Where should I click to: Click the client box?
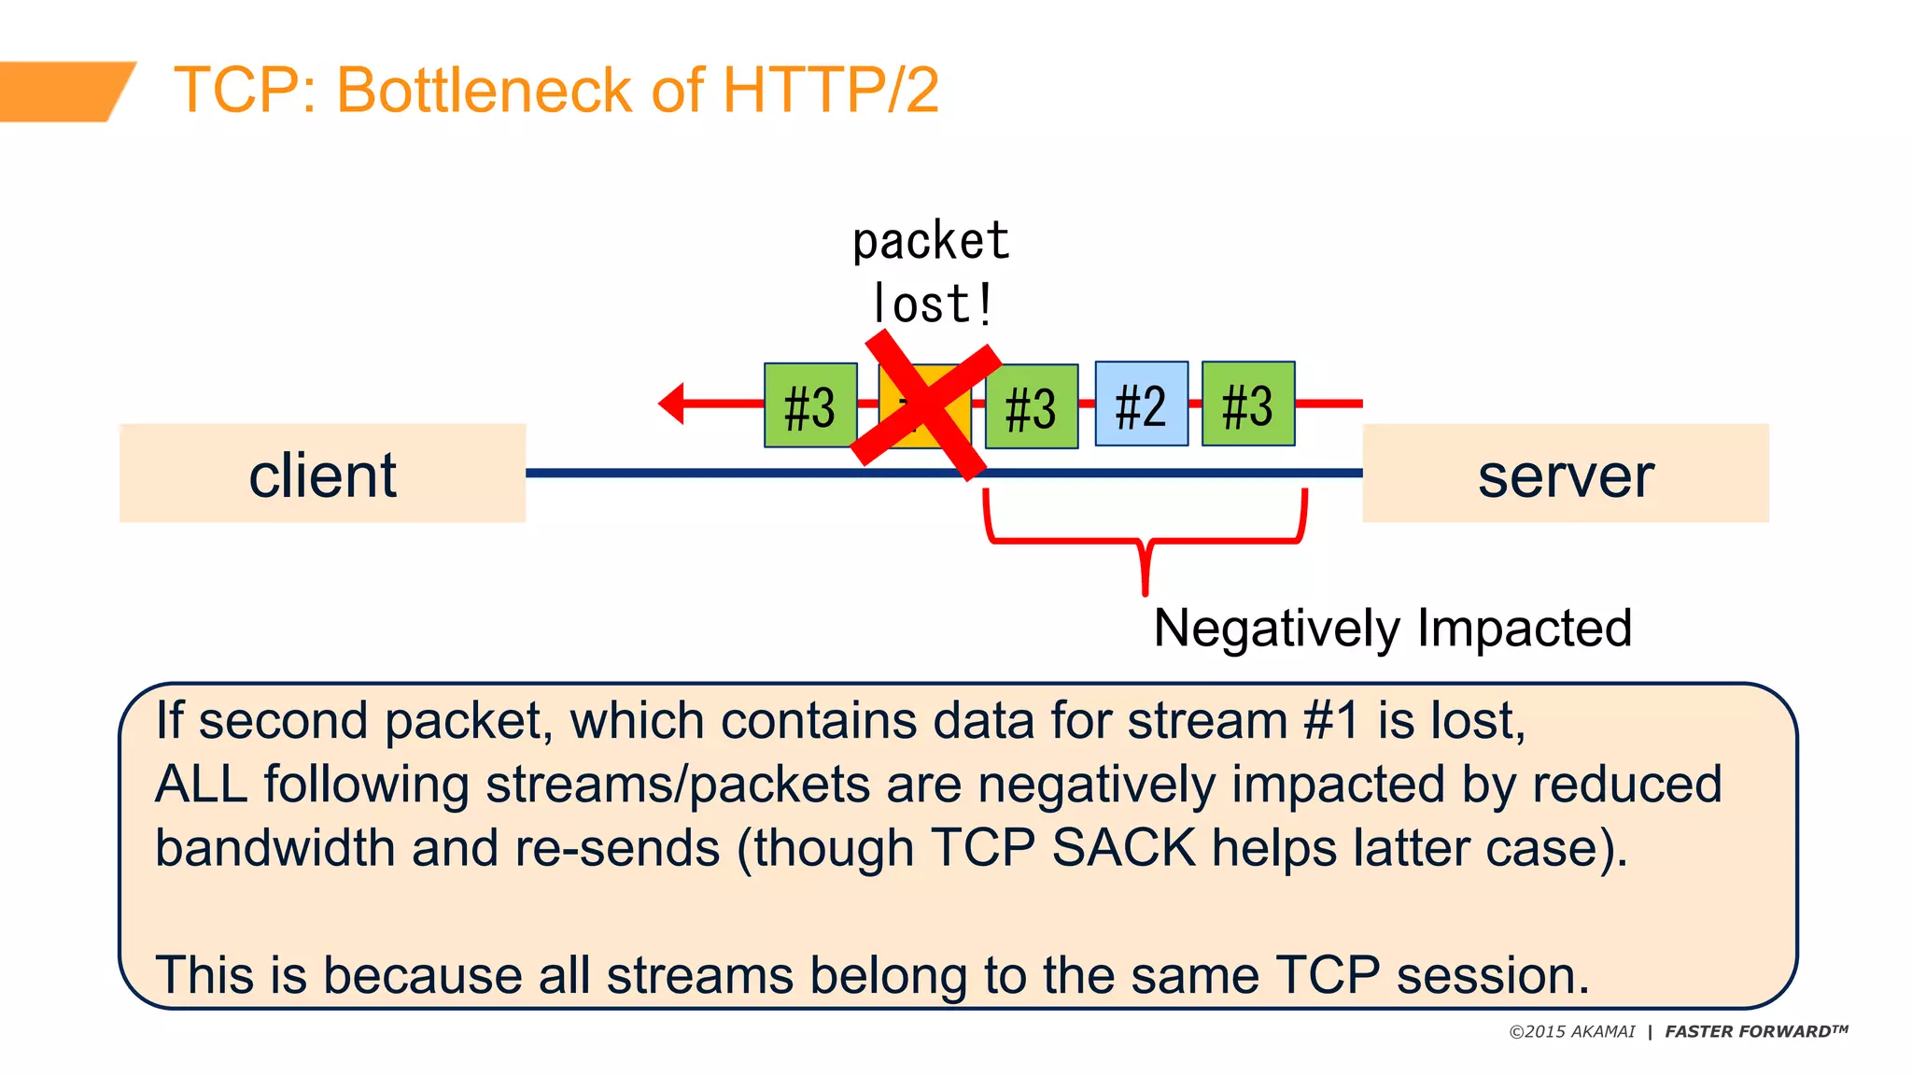click(x=322, y=474)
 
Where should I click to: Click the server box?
click(x=1565, y=474)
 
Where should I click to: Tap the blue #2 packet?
click(x=1141, y=404)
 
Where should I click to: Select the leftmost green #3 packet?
click(x=809, y=406)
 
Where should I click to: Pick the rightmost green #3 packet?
click(x=1247, y=404)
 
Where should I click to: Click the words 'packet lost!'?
click(x=931, y=273)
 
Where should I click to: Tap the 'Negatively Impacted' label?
click(x=1392, y=628)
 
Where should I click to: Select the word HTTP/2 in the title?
click(x=830, y=91)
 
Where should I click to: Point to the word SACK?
click(x=1123, y=848)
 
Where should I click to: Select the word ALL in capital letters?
click(x=201, y=785)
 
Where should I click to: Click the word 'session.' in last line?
click(x=1492, y=975)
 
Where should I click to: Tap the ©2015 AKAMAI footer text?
click(x=1572, y=1032)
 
